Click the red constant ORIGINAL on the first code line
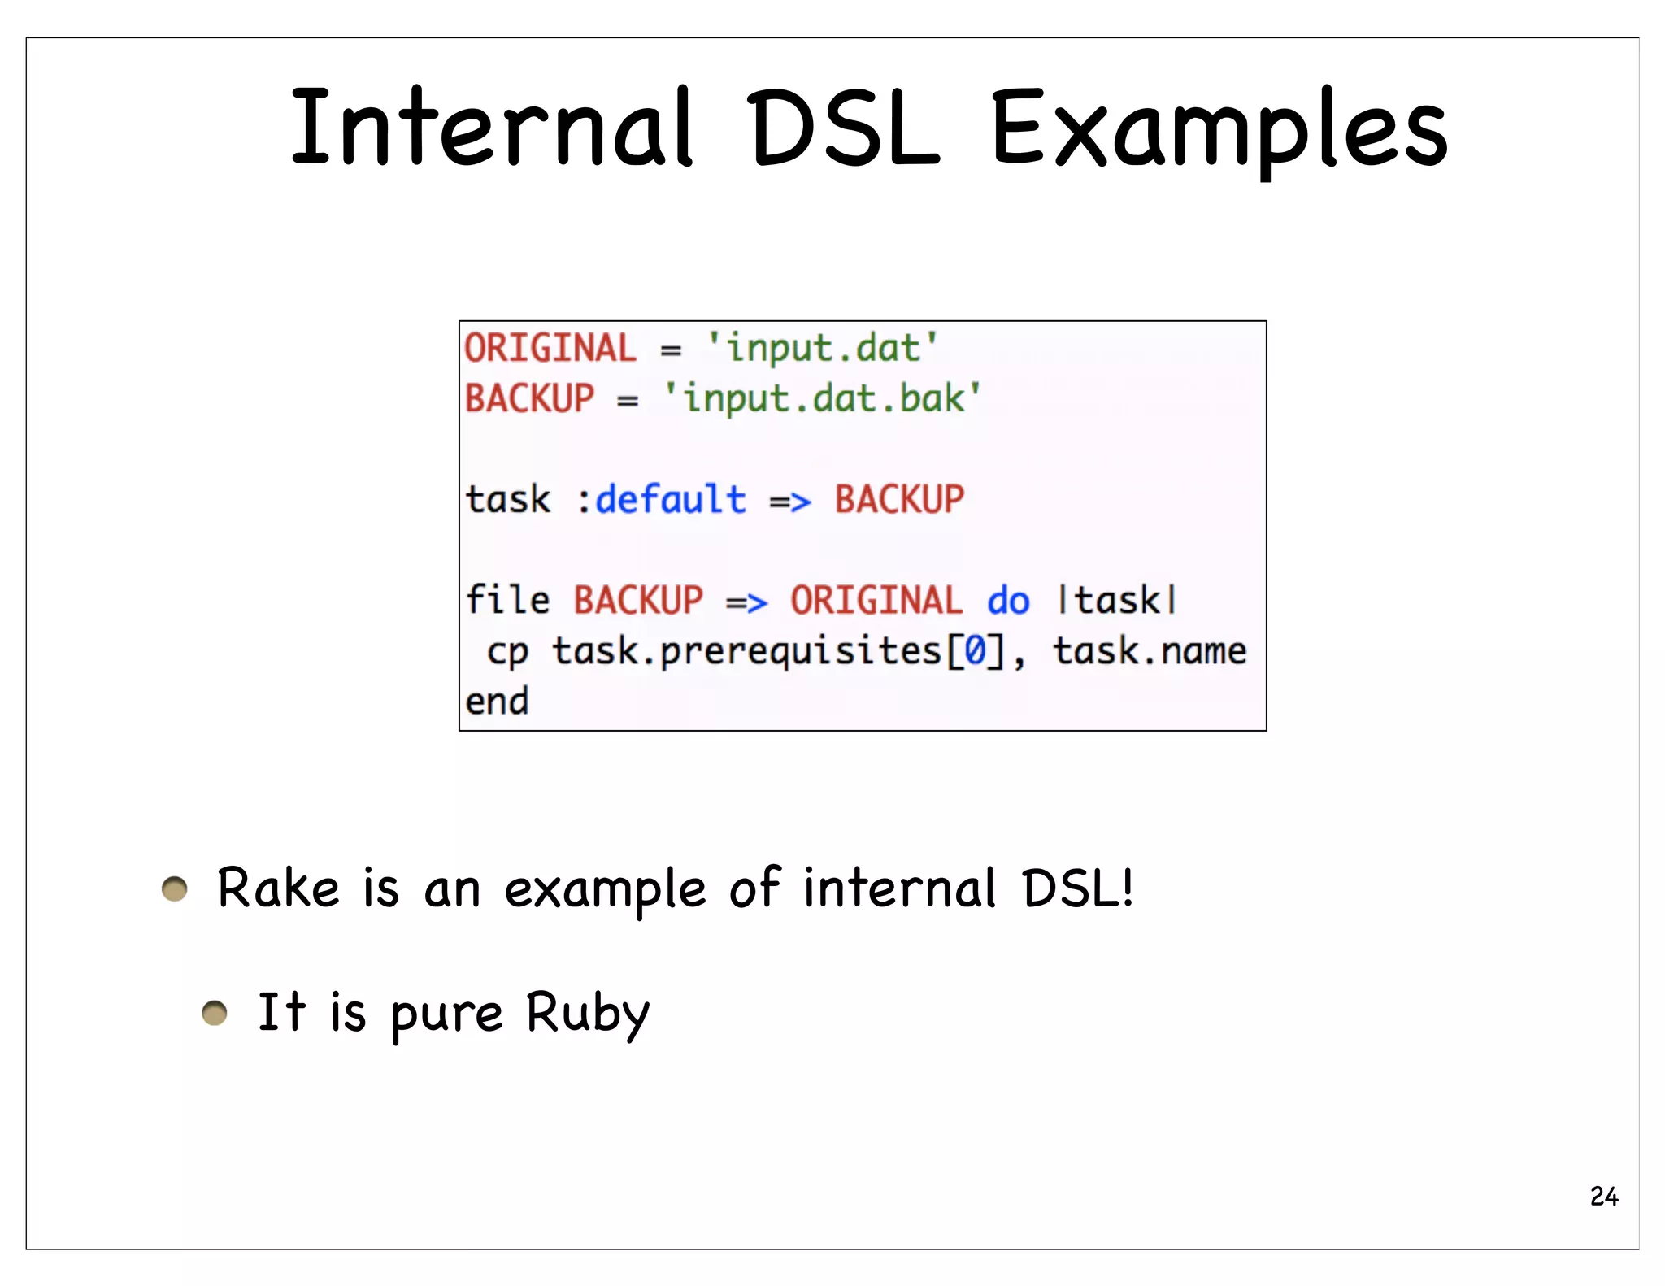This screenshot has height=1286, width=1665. (550, 349)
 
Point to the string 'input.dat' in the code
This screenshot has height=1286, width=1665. (823, 349)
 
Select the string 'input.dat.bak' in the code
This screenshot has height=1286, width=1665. (823, 399)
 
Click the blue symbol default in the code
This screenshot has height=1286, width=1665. (671, 499)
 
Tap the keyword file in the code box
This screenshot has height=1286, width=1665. (507, 600)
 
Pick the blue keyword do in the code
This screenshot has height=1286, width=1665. (1008, 601)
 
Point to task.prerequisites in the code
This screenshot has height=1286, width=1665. (746, 652)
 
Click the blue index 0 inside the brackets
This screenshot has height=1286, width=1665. (975, 651)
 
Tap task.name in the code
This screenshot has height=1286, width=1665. (1150, 651)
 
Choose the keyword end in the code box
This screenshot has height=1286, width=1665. (497, 702)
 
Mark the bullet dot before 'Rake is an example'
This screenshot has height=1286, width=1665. (175, 889)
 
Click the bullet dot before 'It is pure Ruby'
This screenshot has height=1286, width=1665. (215, 1013)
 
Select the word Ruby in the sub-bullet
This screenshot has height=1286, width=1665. (587, 1014)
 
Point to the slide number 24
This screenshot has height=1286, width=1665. (1604, 1197)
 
